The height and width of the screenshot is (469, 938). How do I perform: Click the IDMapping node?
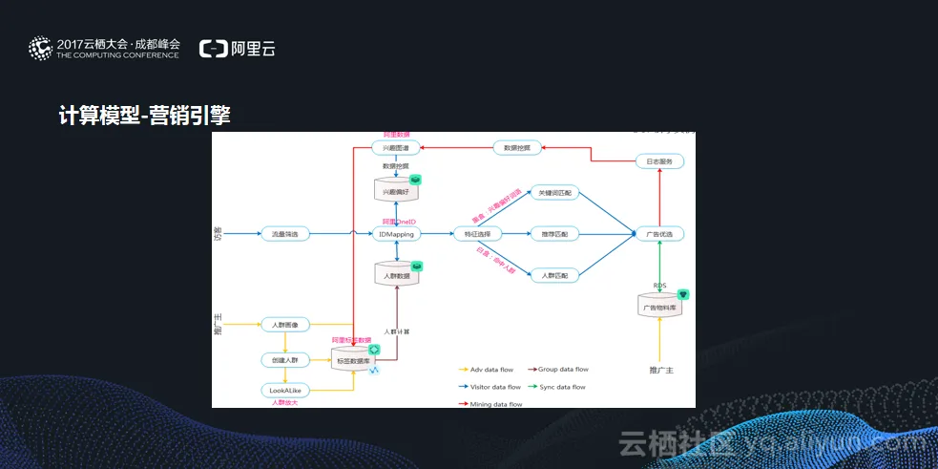point(395,233)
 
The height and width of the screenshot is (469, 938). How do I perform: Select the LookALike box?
point(286,390)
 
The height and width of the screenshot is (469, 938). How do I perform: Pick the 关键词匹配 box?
point(554,192)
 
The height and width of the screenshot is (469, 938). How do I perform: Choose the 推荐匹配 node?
point(554,233)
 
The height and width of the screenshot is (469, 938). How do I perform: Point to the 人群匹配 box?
point(554,275)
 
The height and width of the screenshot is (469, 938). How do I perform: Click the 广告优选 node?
point(659,233)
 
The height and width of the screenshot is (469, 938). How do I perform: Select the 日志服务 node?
point(659,161)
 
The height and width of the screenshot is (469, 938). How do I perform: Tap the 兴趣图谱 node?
point(395,148)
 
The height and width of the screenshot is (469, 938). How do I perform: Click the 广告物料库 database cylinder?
point(659,308)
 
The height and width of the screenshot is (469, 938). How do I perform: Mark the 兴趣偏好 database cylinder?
point(395,191)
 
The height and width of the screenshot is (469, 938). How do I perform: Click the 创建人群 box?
point(286,360)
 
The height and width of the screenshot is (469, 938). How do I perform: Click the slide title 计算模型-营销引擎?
point(144,116)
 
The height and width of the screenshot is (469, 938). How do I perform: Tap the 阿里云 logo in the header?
point(238,49)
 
